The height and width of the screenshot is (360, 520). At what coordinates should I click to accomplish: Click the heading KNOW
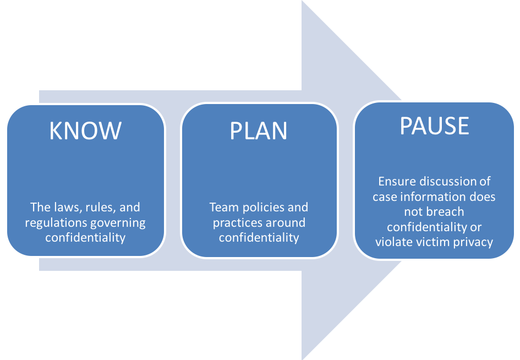click(85, 131)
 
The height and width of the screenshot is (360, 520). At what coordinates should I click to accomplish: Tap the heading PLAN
click(259, 131)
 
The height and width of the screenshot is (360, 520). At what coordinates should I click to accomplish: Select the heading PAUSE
click(434, 126)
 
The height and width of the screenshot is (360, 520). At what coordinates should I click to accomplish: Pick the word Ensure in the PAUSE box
click(397, 181)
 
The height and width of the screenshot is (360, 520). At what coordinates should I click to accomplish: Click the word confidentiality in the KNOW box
click(85, 238)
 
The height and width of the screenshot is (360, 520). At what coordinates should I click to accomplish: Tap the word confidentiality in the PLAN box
click(259, 238)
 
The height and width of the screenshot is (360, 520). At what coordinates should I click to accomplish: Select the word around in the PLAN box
click(288, 223)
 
